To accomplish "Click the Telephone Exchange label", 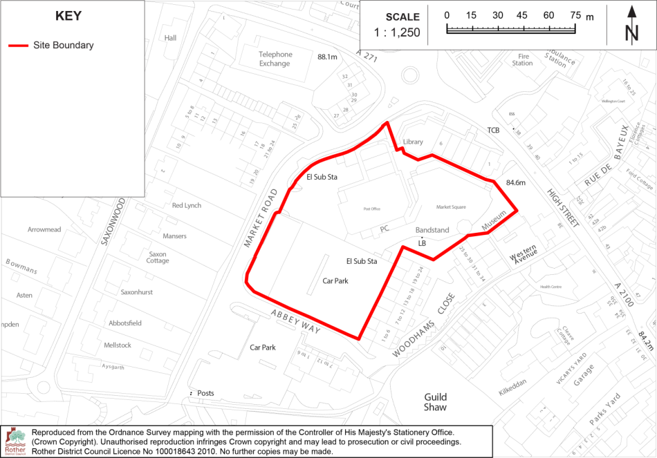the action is [275, 59].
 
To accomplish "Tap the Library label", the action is [413, 142].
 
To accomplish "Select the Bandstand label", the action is [432, 230].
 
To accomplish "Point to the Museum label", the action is [495, 220].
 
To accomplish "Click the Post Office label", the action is [372, 208].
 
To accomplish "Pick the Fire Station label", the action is [522, 59].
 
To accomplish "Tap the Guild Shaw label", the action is [436, 402].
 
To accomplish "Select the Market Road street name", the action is [259, 218].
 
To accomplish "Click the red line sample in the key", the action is [18, 46].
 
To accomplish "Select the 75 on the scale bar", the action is [575, 15].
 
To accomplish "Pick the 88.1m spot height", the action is [327, 57].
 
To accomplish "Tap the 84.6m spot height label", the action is [516, 183].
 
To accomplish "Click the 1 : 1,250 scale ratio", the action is [397, 32].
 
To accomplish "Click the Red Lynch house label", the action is [187, 206].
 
